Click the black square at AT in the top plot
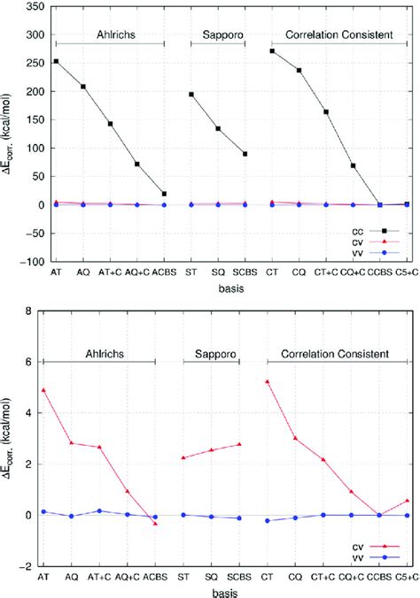click(x=56, y=61)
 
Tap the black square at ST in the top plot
click(x=191, y=94)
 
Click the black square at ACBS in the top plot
click(x=164, y=194)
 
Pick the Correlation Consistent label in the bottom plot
click(x=338, y=354)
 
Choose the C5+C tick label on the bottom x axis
click(x=407, y=577)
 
